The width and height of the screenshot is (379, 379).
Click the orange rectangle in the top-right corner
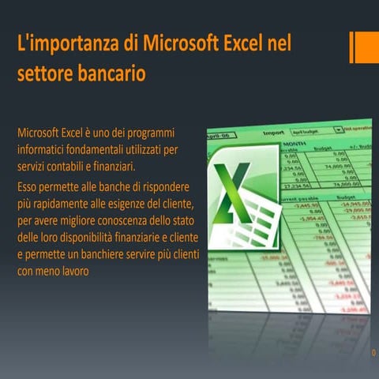pyautogui.click(x=365, y=47)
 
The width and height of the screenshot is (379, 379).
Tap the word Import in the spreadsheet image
pyautogui.click(x=273, y=133)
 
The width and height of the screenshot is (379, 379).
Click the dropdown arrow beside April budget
pyautogui.click(x=340, y=128)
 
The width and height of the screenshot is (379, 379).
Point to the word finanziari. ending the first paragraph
pyautogui.click(x=113, y=167)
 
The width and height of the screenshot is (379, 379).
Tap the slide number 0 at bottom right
pyautogui.click(x=373, y=353)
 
